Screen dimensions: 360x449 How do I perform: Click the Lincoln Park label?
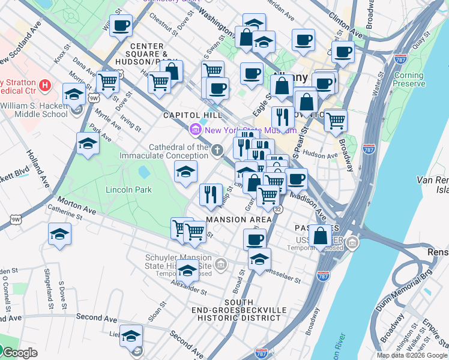tap(128, 190)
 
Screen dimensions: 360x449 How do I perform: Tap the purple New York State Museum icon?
tap(195, 130)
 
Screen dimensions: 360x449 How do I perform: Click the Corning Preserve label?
tap(408, 80)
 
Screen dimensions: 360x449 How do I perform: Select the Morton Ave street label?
tap(76, 206)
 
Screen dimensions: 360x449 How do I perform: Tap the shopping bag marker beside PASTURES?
tap(321, 236)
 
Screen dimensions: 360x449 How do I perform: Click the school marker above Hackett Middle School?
tap(74, 95)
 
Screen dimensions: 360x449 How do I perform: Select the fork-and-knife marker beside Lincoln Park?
tap(210, 193)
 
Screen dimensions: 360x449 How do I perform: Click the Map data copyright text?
tap(412, 355)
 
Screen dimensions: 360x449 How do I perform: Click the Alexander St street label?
tap(188, 290)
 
